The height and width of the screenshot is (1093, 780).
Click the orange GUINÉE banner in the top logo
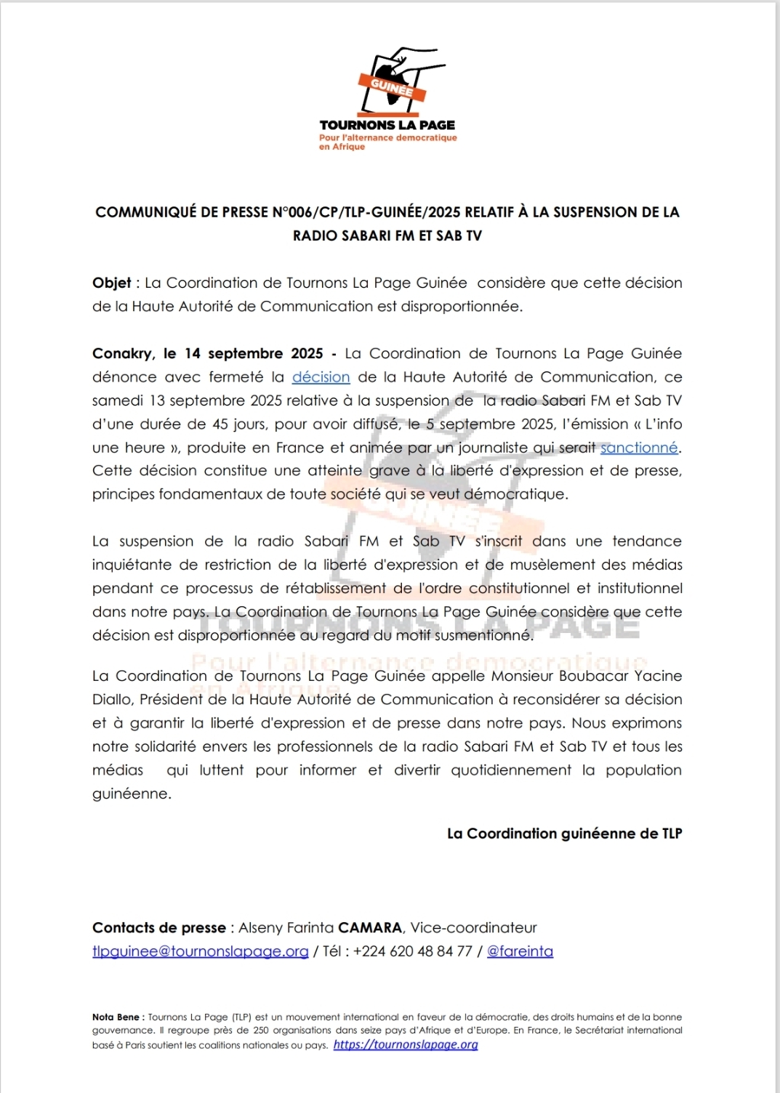coord(391,87)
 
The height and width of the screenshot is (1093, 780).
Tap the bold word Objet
coord(112,283)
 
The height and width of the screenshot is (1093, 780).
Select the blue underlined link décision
coord(321,377)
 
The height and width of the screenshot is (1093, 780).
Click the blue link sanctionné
coord(639,448)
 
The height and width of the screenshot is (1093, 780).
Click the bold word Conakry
coord(122,354)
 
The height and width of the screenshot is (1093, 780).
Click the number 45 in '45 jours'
coord(220,424)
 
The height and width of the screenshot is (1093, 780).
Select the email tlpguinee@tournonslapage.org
coord(200,951)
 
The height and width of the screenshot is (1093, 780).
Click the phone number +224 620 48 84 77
coord(412,951)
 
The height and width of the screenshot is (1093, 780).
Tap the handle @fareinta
coord(520,951)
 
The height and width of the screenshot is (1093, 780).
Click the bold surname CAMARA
coord(370,928)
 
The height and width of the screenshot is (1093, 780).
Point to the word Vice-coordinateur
coord(474,928)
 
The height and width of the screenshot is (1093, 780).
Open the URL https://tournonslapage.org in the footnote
coord(406,1045)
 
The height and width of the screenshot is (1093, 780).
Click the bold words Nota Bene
coord(116,1017)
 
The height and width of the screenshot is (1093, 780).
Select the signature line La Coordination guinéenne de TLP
coord(564,834)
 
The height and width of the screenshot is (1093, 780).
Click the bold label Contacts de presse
coord(158,928)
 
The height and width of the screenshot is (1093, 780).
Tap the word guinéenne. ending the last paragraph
coord(132,794)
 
